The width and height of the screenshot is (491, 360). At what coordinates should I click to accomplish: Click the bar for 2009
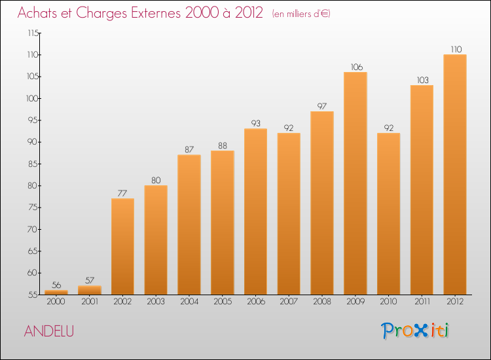(x=355, y=183)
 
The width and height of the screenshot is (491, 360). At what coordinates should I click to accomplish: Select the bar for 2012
(x=455, y=174)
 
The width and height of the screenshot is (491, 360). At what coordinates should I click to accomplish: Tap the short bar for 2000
(x=56, y=293)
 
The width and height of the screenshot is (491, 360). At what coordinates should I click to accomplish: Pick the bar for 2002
(x=122, y=246)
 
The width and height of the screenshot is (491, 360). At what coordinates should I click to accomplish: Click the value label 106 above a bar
(x=355, y=67)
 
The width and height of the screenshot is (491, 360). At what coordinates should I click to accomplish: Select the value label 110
(x=455, y=49)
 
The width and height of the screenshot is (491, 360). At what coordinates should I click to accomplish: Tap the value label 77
(x=122, y=193)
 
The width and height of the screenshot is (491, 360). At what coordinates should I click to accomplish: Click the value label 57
(x=90, y=280)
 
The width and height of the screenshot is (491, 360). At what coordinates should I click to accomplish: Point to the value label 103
(x=422, y=80)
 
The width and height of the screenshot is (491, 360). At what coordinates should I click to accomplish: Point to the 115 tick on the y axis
(x=33, y=33)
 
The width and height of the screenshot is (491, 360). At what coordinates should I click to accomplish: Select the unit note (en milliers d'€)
(x=301, y=14)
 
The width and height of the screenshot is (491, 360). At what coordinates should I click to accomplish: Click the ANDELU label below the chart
(x=49, y=331)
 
